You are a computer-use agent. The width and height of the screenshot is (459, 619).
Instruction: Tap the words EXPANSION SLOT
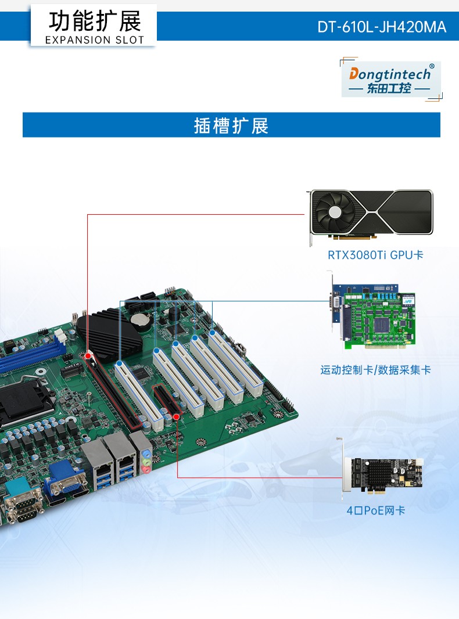click(94, 40)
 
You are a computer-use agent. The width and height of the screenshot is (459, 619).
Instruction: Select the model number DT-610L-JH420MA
click(382, 27)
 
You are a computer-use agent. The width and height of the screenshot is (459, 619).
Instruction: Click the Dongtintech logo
click(390, 78)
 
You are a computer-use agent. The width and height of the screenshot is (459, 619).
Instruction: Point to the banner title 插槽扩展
click(231, 125)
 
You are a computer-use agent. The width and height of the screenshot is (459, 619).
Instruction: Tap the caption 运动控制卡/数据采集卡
click(375, 370)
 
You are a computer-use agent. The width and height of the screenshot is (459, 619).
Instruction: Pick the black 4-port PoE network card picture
click(383, 476)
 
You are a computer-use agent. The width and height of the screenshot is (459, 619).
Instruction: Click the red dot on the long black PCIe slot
click(88, 355)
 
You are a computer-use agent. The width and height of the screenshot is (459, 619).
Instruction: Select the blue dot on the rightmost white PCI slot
click(213, 333)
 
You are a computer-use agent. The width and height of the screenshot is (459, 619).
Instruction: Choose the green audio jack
click(148, 462)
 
